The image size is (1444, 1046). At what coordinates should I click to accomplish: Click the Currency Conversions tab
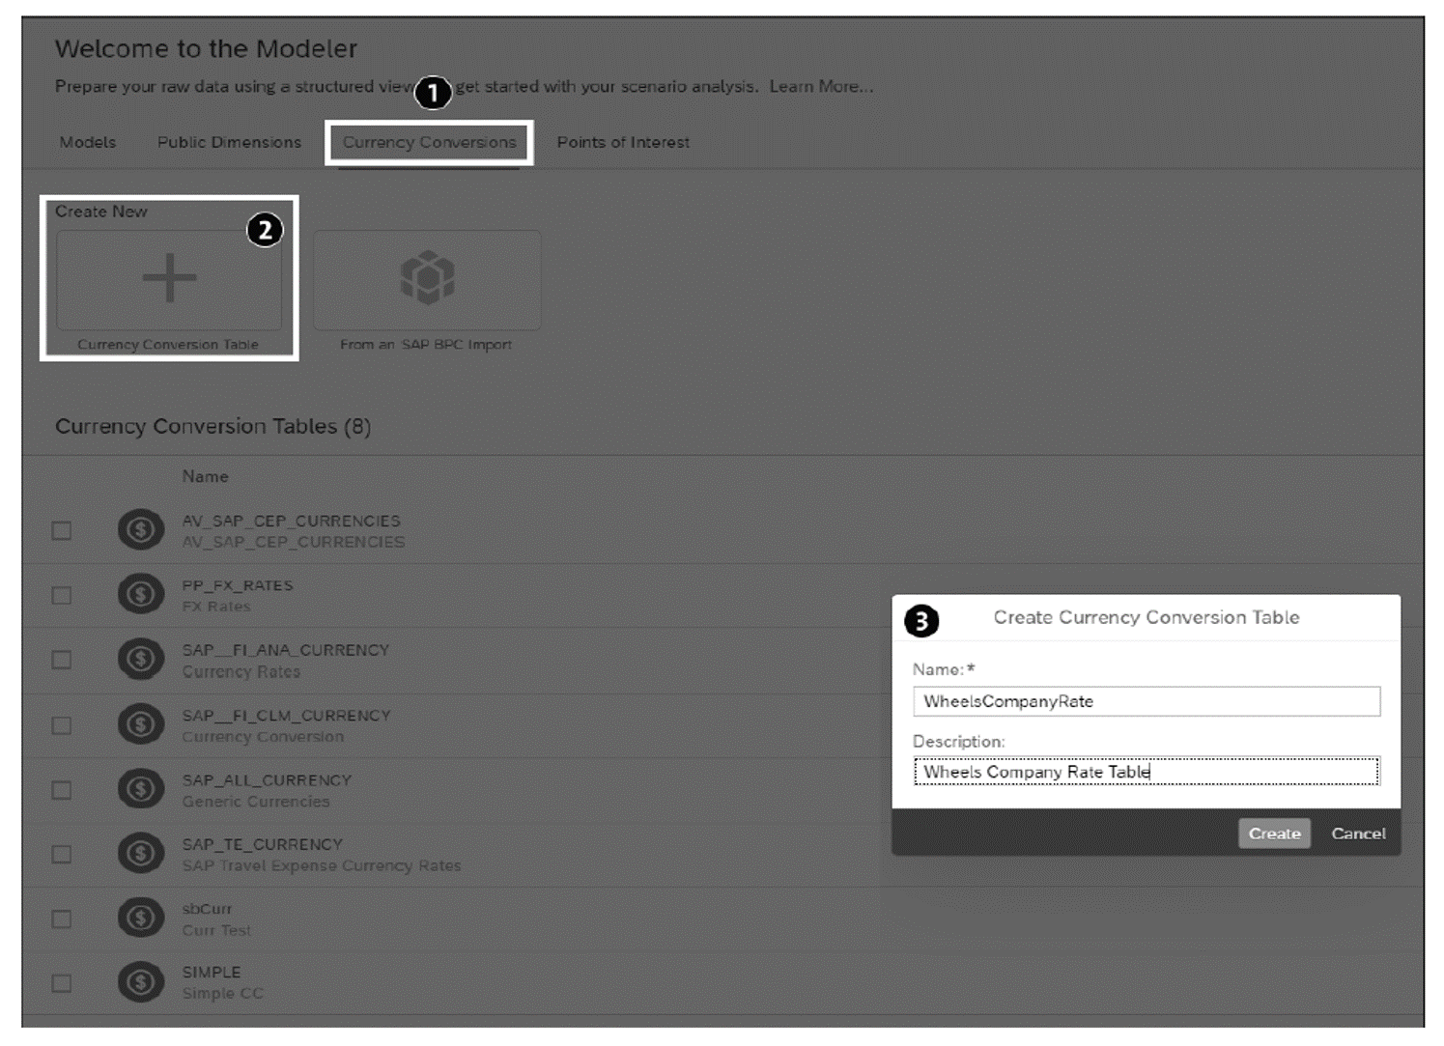coord(429,143)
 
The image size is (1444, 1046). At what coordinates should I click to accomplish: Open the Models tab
coord(88,143)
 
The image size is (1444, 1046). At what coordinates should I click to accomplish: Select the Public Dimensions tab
coord(229,143)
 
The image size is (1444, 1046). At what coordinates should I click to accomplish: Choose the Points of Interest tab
coord(623,143)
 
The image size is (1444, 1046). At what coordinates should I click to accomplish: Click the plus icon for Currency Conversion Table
coord(169,279)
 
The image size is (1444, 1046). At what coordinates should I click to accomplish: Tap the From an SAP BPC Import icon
coord(427,279)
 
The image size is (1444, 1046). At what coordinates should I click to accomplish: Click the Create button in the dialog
coord(1274,834)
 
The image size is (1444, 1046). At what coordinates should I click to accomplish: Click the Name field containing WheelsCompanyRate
coord(1146,701)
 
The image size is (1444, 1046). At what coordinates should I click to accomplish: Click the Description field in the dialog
coord(1146,772)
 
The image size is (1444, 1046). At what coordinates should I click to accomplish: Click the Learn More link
coord(821,87)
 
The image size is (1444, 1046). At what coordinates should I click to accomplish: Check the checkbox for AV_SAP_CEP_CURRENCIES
coord(62,531)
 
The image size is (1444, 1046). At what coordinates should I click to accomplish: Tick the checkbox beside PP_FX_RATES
coord(62,596)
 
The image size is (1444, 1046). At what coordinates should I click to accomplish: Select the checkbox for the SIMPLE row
coord(62,983)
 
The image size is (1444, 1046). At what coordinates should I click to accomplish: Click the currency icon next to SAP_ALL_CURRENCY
coord(141,789)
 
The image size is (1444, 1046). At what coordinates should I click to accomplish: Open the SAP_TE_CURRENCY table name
coord(262,845)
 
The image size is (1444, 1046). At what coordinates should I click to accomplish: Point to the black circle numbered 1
coord(433,93)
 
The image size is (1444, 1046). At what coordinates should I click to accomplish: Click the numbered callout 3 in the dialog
coord(921,621)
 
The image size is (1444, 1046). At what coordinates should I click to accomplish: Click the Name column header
coord(205,477)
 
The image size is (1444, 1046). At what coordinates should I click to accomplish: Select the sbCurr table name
coord(207,909)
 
